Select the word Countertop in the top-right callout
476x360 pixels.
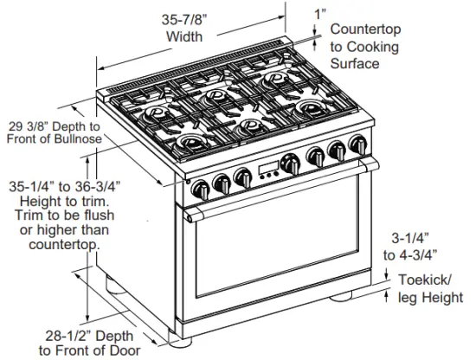pos(364,29)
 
